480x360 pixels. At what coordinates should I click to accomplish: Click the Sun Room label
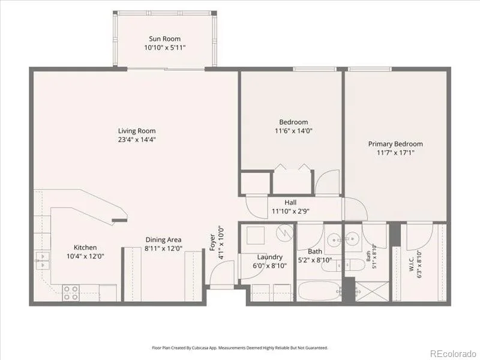164,39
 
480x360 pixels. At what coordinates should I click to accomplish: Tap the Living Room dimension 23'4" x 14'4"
137,140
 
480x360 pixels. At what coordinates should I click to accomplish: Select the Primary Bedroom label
395,144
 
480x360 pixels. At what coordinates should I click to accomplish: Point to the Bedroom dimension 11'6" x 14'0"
293,131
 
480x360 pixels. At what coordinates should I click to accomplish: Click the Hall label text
290,202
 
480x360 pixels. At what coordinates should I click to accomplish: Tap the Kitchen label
85,247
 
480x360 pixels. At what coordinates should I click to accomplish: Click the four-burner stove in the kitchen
71,293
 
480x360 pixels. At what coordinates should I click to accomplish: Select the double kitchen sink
43,260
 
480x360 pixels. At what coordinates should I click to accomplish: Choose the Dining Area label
163,239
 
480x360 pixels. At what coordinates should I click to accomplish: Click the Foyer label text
212,243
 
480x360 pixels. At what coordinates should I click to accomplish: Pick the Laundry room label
269,257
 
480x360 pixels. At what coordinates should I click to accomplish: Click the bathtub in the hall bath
319,291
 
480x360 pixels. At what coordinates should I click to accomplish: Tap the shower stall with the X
372,292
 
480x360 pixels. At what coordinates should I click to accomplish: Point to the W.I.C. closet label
411,264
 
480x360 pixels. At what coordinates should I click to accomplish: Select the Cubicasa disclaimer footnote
239,348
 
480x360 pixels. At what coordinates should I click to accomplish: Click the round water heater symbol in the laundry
284,233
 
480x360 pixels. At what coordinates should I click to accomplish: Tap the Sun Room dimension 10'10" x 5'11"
165,48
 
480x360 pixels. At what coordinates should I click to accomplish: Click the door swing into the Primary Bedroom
356,209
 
